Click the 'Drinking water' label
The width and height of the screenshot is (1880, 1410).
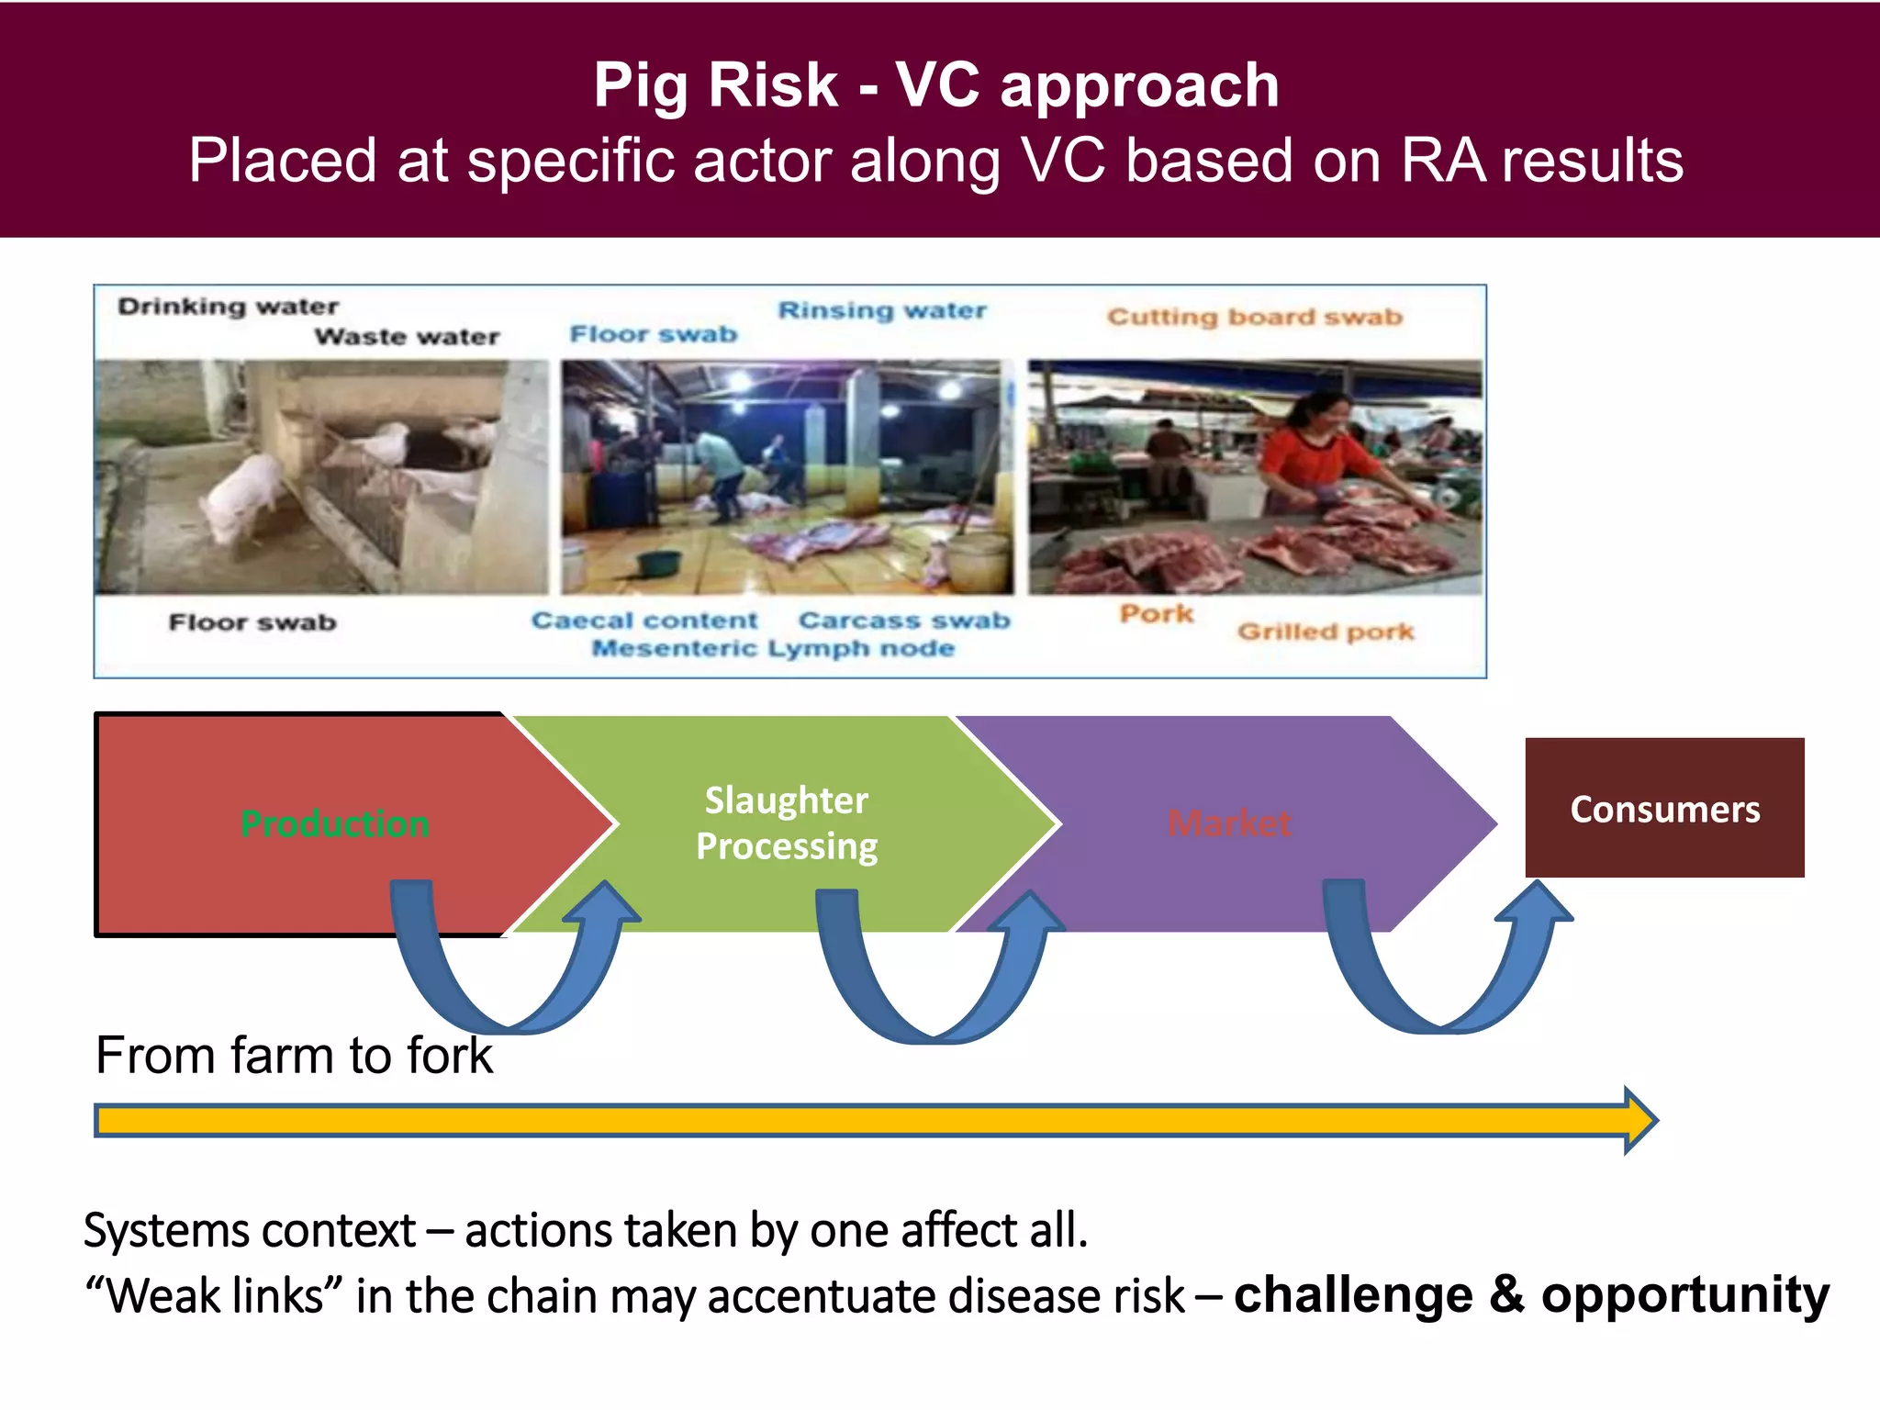(228, 306)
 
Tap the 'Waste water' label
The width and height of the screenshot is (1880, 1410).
(407, 337)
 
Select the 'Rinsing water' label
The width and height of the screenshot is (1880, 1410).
(882, 310)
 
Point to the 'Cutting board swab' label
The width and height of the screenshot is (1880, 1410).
(1254, 317)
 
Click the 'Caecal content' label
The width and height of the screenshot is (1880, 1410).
(644, 621)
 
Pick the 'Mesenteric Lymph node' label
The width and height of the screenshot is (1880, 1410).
(773, 648)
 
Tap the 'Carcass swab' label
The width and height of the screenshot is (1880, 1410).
(904, 621)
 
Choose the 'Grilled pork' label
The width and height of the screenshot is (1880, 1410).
(1326, 632)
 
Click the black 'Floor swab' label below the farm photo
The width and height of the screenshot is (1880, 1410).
(252, 622)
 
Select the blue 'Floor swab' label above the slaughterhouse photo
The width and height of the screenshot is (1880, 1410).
(654, 334)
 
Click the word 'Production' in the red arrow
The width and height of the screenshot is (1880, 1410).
(335, 823)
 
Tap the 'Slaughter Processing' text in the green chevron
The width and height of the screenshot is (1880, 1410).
(787, 823)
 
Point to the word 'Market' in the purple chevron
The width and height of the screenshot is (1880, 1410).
(1229, 823)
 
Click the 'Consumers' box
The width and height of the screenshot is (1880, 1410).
(1664, 809)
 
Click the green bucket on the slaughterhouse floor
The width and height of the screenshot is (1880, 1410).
(659, 562)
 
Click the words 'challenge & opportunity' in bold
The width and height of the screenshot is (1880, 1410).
(1531, 1295)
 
